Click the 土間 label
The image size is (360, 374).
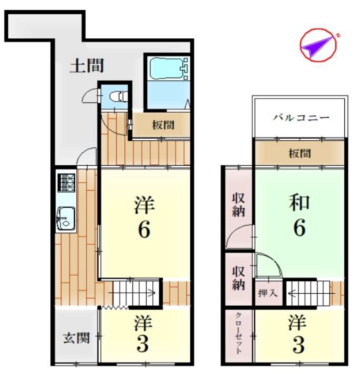(x=87, y=66)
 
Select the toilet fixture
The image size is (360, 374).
(x=119, y=97)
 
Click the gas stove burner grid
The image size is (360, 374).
(x=67, y=182)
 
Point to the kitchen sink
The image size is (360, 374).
(x=66, y=218)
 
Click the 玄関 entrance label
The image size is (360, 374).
(x=77, y=338)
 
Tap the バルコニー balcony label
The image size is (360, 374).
(x=301, y=118)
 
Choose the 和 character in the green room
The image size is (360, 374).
(x=299, y=202)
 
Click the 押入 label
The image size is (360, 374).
(x=268, y=293)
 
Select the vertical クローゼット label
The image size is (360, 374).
(x=239, y=333)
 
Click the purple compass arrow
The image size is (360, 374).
(x=318, y=46)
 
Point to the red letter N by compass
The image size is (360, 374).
(x=338, y=36)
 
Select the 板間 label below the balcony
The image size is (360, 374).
(x=300, y=153)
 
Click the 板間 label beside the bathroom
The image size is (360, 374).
(x=163, y=125)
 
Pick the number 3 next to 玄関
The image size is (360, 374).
(x=143, y=344)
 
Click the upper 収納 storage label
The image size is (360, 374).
(x=239, y=205)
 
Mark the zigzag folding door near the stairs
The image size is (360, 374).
(x=114, y=308)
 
